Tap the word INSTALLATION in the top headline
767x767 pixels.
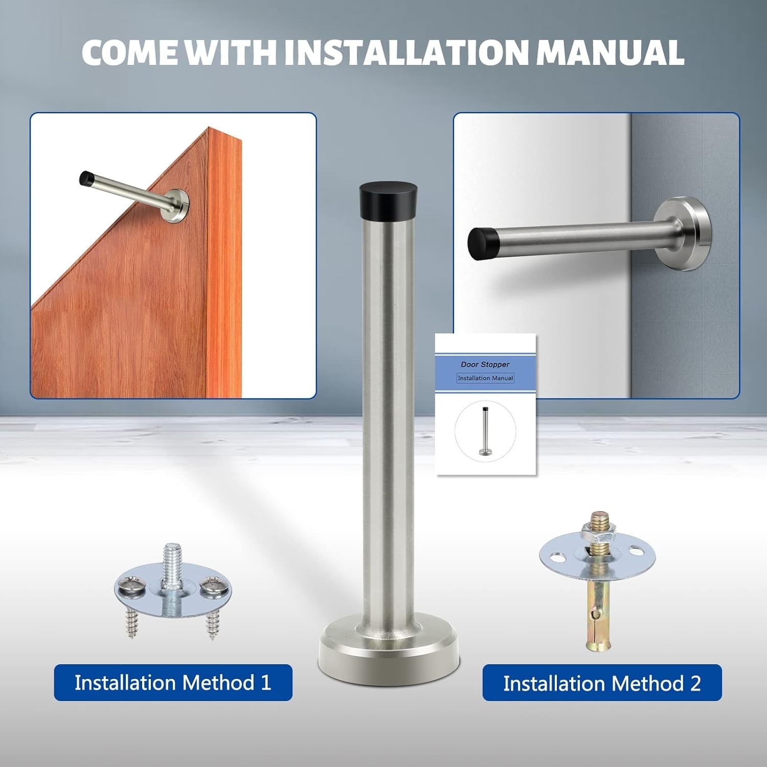click(405, 52)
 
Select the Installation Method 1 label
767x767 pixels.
click(173, 683)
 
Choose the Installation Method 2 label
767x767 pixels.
click(602, 683)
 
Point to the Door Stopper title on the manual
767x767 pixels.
click(485, 365)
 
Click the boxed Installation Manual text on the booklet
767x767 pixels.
click(485, 378)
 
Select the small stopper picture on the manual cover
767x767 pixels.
click(484, 430)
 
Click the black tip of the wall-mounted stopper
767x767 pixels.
click(483, 242)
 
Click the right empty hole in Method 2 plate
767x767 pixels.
click(636, 552)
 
